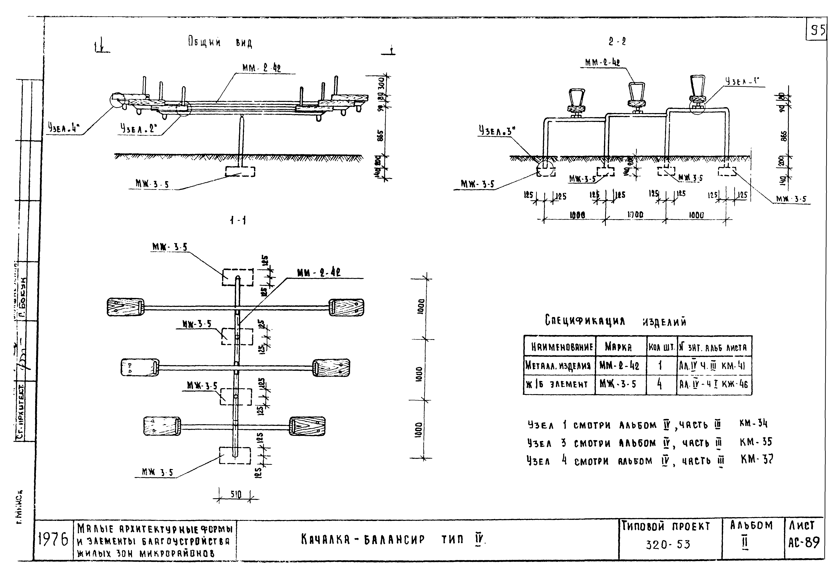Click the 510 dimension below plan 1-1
[236, 494]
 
